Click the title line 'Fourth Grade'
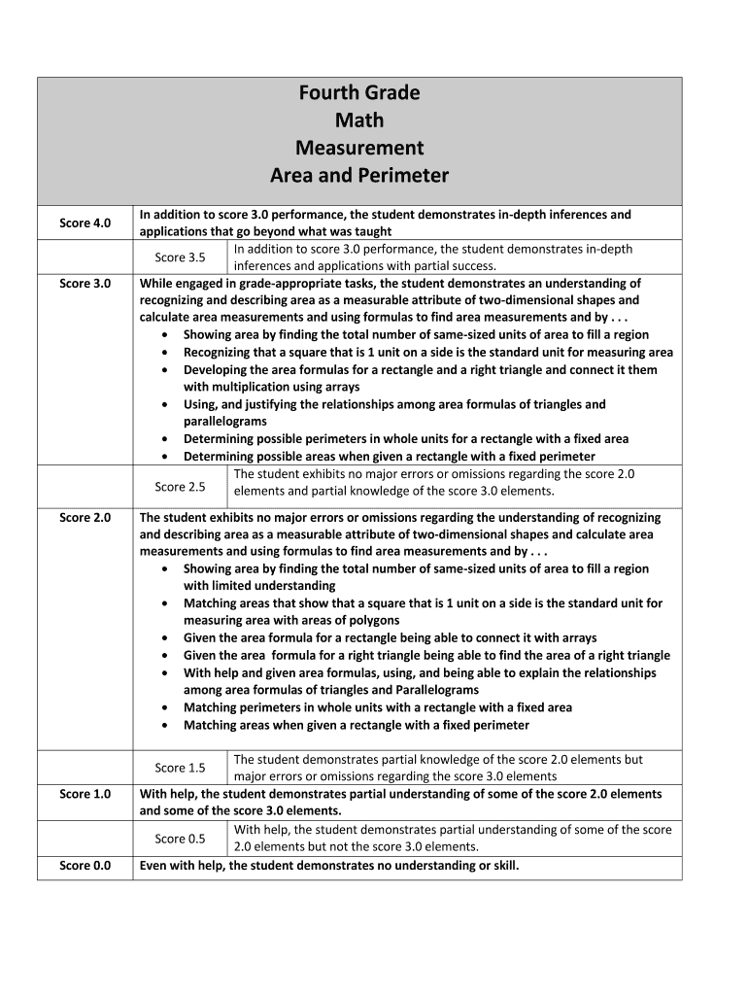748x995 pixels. (x=359, y=93)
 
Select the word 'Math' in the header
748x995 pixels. (x=359, y=120)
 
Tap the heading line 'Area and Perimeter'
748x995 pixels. (x=359, y=176)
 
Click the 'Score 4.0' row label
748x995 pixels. (x=85, y=223)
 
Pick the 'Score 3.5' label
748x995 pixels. (x=181, y=257)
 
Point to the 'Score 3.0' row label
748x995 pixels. (x=85, y=284)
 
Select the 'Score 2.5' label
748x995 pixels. (x=181, y=486)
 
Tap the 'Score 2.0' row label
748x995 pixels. (x=85, y=518)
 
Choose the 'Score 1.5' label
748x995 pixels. (x=181, y=768)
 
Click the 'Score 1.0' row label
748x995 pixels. (x=85, y=794)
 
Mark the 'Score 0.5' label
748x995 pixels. (x=181, y=838)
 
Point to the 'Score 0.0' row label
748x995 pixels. (x=85, y=865)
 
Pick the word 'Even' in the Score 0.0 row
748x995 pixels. (x=153, y=865)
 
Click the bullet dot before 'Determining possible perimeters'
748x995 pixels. (x=169, y=439)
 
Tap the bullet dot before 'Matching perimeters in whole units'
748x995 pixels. (x=169, y=708)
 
